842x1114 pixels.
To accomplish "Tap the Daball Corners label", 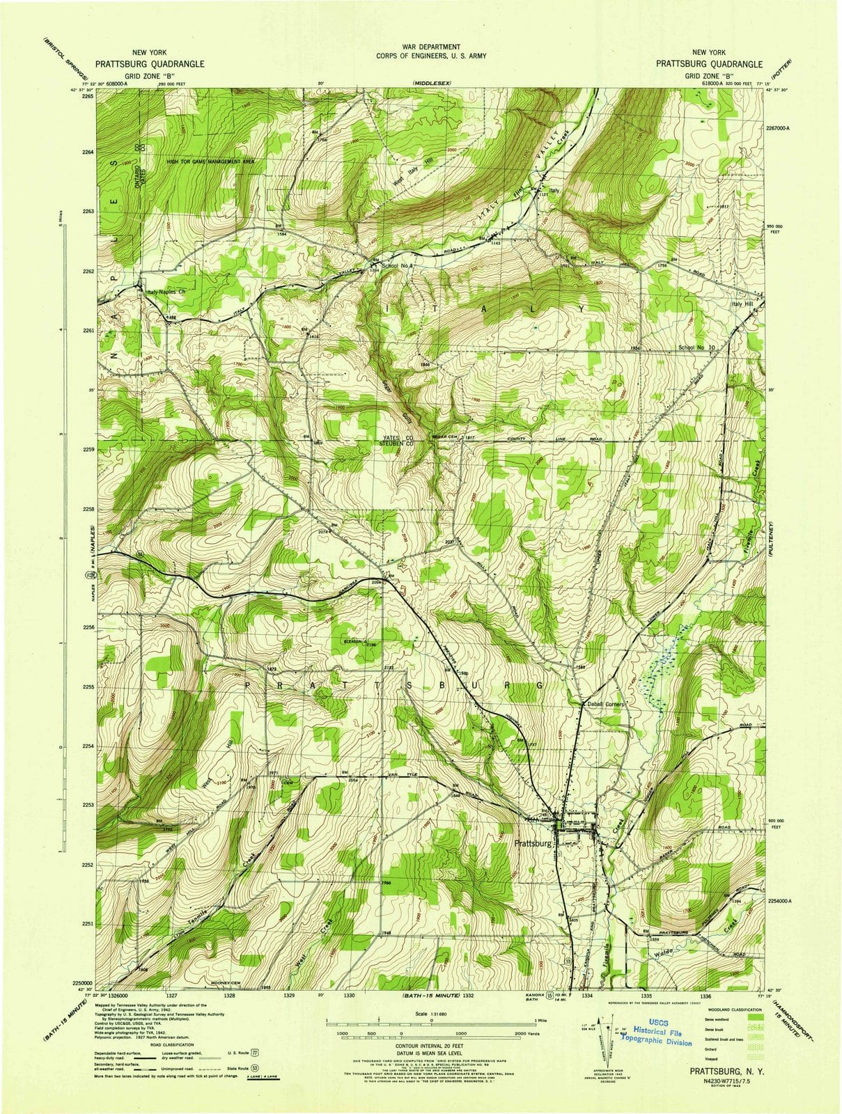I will [607, 705].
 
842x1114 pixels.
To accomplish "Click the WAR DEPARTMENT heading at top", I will [421, 47].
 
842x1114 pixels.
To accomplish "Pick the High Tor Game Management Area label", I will [210, 162].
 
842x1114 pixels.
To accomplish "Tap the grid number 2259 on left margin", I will [87, 450].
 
